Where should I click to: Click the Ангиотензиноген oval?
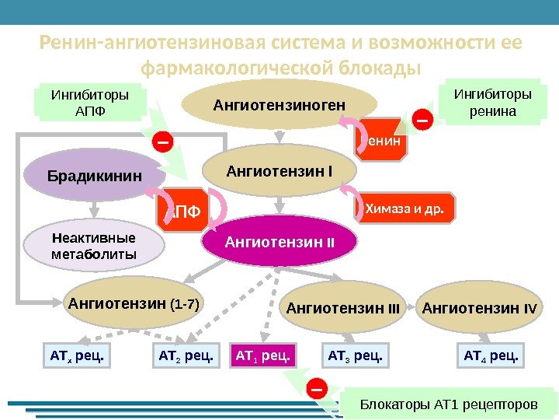(x=280, y=103)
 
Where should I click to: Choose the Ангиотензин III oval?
(x=342, y=309)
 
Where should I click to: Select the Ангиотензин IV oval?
(x=478, y=309)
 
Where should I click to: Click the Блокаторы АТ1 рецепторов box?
(x=449, y=404)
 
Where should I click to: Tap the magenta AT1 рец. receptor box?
(x=263, y=356)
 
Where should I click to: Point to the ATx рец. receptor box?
(x=76, y=356)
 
